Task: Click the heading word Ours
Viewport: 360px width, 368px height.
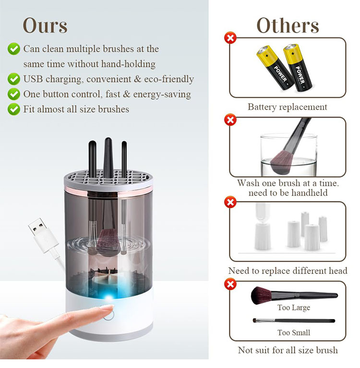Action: (x=45, y=25)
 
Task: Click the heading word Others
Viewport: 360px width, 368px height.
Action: (x=288, y=25)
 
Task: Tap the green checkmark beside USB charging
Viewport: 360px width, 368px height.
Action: (x=14, y=79)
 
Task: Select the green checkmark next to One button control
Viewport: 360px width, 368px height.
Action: (x=14, y=94)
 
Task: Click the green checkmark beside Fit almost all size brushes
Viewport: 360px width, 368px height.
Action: (x=14, y=109)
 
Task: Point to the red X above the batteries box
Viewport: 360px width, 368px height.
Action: (x=231, y=37)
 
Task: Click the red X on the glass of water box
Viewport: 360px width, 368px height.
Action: (x=231, y=120)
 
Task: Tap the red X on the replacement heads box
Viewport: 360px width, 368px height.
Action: (x=231, y=202)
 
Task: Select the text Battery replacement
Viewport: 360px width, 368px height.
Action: (x=287, y=107)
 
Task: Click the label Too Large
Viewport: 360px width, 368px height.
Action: (x=293, y=308)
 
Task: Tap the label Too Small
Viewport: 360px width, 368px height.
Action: (x=293, y=332)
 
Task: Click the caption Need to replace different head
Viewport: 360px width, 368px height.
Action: (x=288, y=271)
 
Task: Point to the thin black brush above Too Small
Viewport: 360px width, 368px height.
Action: (x=294, y=321)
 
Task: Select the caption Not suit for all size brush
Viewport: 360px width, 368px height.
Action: (x=288, y=350)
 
